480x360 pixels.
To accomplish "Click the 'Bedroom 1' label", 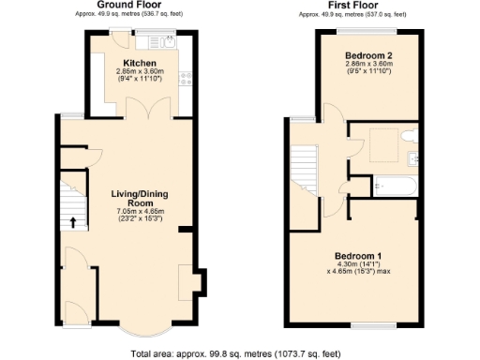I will pos(359,255).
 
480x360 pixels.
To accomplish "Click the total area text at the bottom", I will pos(240,353).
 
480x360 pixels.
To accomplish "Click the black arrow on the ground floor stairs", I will pos(72,222).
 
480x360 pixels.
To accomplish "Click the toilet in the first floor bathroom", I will pos(406,139).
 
